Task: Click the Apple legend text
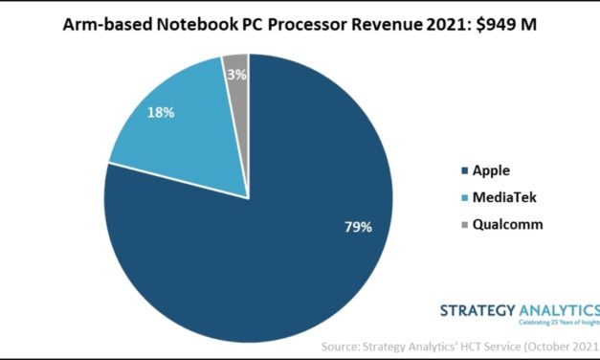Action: tap(492, 170)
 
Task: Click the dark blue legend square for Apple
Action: tap(465, 171)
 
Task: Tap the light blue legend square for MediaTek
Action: tap(465, 197)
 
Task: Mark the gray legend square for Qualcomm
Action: tap(465, 224)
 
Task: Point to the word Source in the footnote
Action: tap(344, 345)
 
